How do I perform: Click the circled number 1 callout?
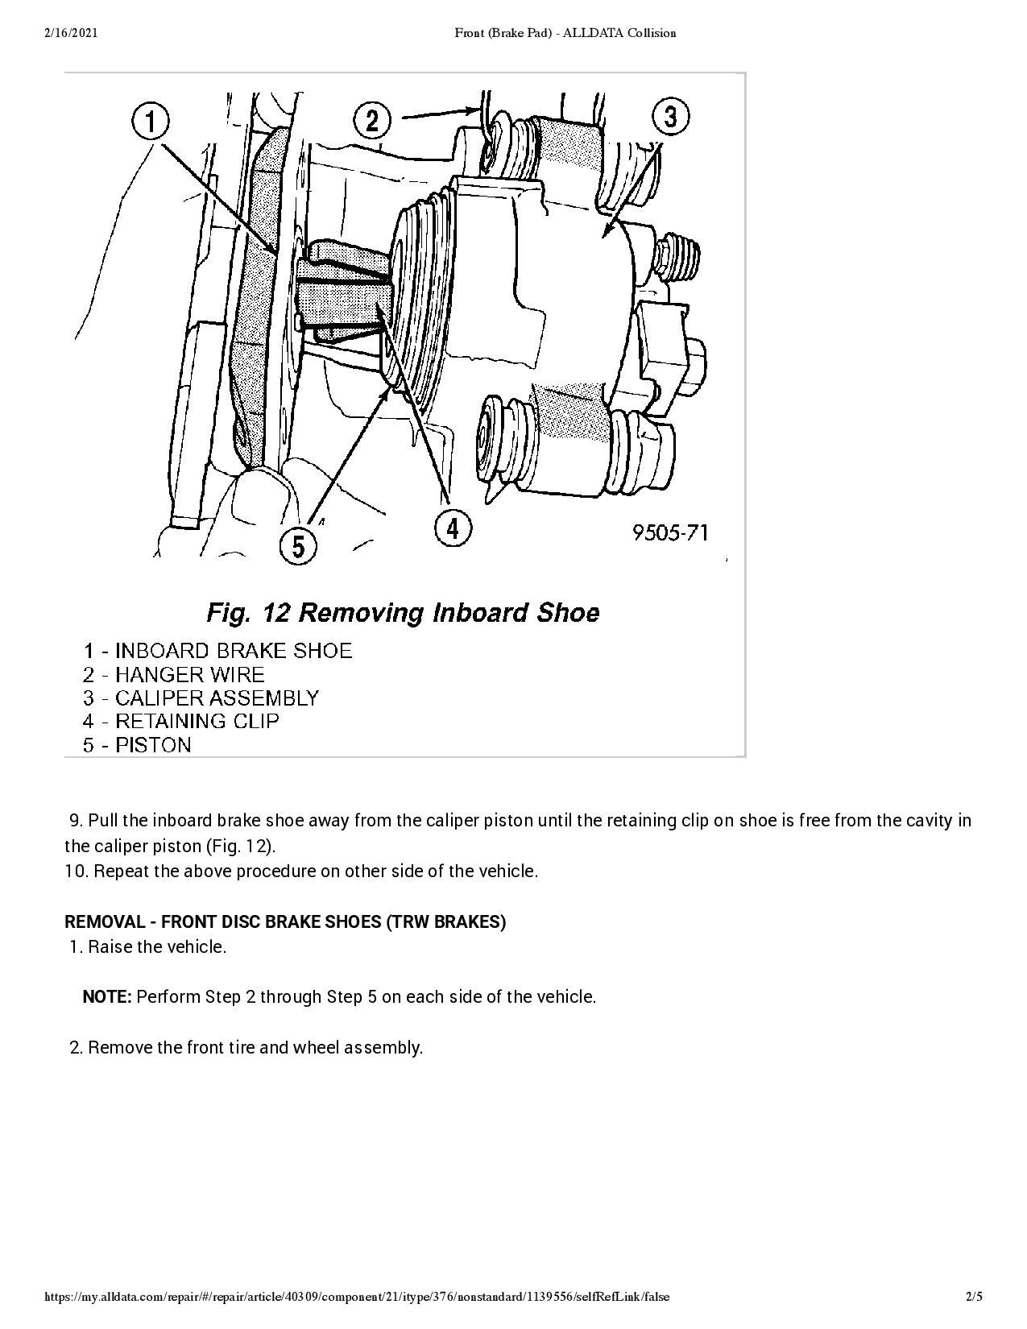(x=151, y=122)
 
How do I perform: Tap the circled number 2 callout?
(x=372, y=121)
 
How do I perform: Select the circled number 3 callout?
(x=671, y=117)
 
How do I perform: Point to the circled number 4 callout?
(x=453, y=528)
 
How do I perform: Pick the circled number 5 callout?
(x=298, y=547)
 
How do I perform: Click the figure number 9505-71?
(x=670, y=532)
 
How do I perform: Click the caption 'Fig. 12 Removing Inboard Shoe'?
(x=403, y=613)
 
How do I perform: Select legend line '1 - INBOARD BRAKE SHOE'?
(x=217, y=651)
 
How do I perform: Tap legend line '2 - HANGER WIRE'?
(x=173, y=674)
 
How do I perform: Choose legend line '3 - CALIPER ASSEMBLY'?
(x=201, y=698)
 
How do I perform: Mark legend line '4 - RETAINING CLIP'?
(x=180, y=721)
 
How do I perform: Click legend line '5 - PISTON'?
(x=137, y=744)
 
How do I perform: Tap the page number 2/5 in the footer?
(x=974, y=1297)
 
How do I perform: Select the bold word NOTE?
(x=107, y=997)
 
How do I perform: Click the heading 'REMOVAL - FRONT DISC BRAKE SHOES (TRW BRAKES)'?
(x=285, y=921)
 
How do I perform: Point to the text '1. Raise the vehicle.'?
(x=148, y=946)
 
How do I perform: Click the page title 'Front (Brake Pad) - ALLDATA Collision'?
(x=565, y=33)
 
